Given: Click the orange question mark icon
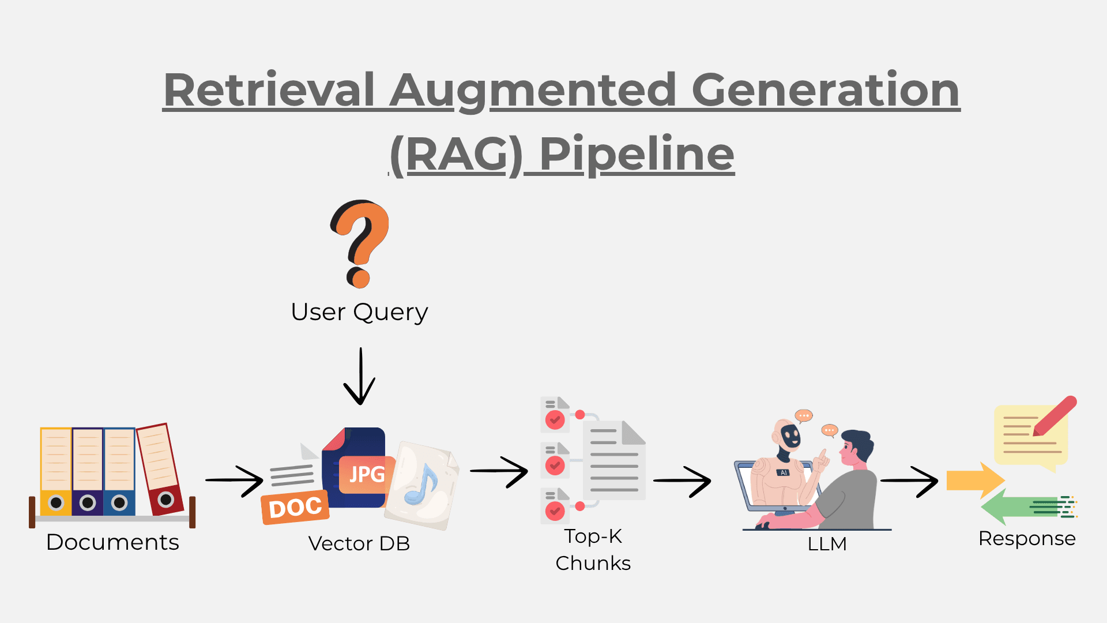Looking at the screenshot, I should pyautogui.click(x=360, y=242).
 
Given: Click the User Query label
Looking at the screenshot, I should pyautogui.click(x=359, y=312).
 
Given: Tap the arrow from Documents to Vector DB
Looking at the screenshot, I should pyautogui.click(x=235, y=481).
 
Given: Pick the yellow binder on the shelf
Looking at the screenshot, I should pyautogui.click(x=56, y=471).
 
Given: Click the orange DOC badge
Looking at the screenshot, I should pyautogui.click(x=295, y=508).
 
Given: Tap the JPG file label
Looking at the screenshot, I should pyautogui.click(x=367, y=475).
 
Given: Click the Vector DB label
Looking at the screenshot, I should pyautogui.click(x=359, y=543).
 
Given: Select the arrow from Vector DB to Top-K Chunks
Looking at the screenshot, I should pyautogui.click(x=499, y=472).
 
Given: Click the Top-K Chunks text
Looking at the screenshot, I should pyautogui.click(x=593, y=549).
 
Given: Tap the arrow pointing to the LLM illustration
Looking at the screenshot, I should pyautogui.click(x=683, y=481).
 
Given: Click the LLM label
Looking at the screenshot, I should pyautogui.click(x=827, y=544).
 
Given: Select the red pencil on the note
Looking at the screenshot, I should pyautogui.click(x=1055, y=415).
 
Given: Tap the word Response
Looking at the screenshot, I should pyautogui.click(x=1027, y=539).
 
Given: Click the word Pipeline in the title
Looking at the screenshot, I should pyautogui.click(x=637, y=154).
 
